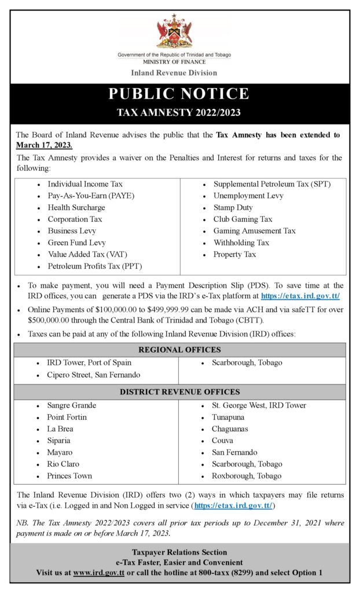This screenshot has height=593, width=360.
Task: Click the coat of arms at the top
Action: tap(174, 32)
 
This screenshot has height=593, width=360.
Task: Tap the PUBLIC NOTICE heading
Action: tap(179, 94)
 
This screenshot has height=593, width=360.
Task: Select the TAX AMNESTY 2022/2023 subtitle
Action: tap(179, 112)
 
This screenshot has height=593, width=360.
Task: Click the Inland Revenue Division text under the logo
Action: tap(174, 73)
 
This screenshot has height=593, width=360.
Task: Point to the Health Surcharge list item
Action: tap(76, 207)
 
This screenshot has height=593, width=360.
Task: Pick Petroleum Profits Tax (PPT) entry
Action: tap(95, 266)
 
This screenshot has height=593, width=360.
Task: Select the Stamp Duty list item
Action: tap(233, 207)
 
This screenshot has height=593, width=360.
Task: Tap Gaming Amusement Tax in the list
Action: tap(254, 231)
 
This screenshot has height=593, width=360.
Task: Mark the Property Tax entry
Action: tap(234, 254)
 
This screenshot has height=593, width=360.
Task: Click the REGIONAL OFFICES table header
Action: tap(179, 350)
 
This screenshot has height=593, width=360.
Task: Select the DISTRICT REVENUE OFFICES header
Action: tap(179, 392)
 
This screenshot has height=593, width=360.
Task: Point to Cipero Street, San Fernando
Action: tap(93, 375)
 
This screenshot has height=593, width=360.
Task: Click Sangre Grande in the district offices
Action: tap(72, 405)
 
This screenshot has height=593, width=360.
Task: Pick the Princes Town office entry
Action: tap(69, 476)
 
